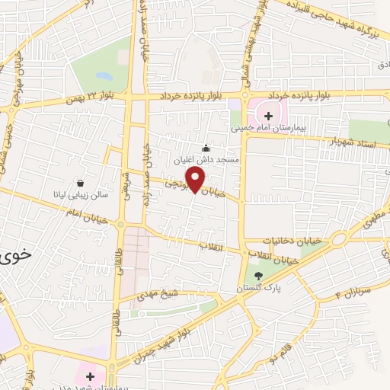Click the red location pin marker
[196, 180]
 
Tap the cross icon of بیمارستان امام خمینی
[267, 115]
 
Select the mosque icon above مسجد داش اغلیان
[205, 148]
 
